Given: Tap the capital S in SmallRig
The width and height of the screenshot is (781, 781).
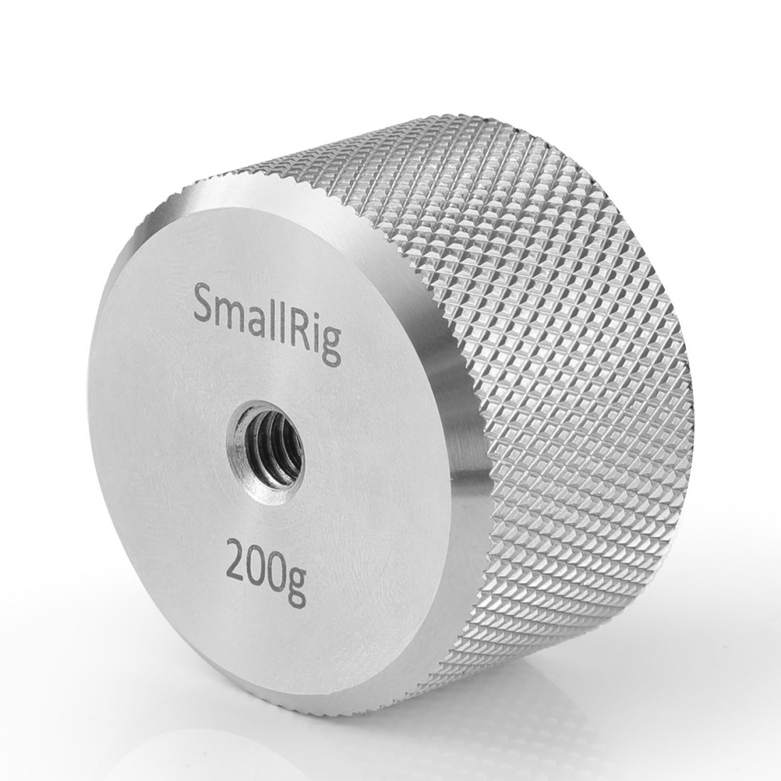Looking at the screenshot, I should (205, 306).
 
